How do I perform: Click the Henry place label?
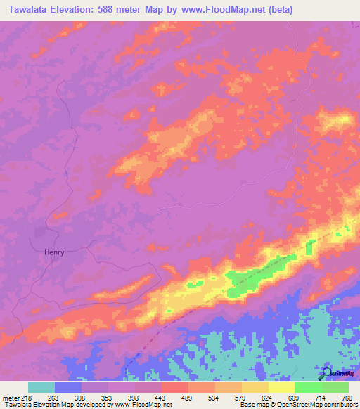[54, 252]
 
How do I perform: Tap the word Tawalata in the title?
[29, 10]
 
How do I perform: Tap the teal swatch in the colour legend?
[41, 387]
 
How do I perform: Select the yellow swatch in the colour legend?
[281, 387]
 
